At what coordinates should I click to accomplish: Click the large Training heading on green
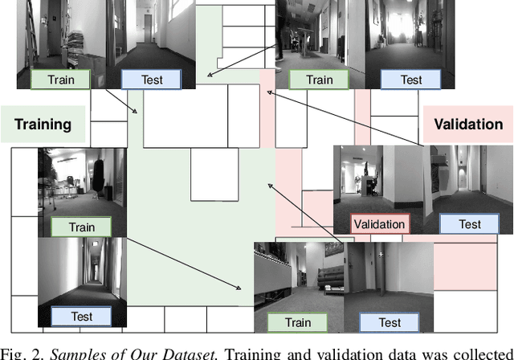[43, 125]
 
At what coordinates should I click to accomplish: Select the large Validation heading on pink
[468, 125]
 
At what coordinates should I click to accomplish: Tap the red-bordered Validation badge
[379, 224]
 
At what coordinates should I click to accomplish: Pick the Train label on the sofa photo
[299, 322]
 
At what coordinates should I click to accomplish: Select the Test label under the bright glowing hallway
[411, 79]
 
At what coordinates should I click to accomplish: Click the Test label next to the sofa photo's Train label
[390, 322]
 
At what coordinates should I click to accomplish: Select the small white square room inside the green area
[214, 177]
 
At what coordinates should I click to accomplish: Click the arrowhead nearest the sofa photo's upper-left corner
[240, 288]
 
